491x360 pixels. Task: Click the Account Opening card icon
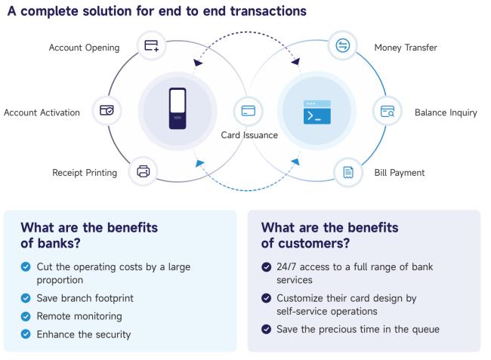tap(152, 46)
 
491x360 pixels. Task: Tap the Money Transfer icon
tap(343, 45)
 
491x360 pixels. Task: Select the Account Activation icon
tap(107, 110)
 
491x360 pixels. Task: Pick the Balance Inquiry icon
tap(388, 111)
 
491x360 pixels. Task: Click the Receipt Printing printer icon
tap(143, 171)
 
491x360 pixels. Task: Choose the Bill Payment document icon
tap(348, 172)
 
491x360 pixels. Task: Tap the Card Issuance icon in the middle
tap(249, 110)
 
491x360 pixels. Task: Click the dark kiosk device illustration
tap(178, 109)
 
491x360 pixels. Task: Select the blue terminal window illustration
tap(317, 112)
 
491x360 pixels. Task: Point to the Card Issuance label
tap(249, 135)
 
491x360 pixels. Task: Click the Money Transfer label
tap(406, 48)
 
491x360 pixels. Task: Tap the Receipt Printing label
tap(85, 173)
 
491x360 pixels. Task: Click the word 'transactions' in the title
tap(268, 11)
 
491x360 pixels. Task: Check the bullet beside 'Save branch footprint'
tap(26, 298)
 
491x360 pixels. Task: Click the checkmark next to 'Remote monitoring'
tap(26, 316)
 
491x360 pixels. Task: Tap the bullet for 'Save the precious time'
tap(266, 329)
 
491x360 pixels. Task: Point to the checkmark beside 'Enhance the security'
tap(26, 334)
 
